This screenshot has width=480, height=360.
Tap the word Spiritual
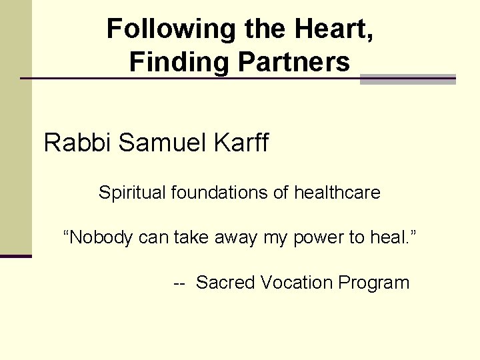click(132, 193)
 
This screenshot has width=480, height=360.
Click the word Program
click(373, 283)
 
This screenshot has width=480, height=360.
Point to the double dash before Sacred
click(179, 283)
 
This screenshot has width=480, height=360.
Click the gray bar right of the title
click(407, 79)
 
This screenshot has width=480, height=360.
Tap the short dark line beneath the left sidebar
click(15, 256)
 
